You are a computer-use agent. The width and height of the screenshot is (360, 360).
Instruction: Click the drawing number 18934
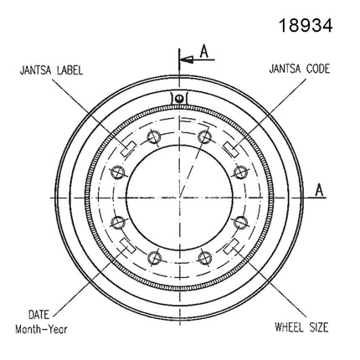point(306,25)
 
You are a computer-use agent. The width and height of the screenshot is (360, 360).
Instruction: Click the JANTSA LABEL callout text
point(51,70)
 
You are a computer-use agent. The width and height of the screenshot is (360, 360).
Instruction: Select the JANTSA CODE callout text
point(299,69)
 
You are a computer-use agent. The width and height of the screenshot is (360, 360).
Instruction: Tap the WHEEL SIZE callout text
point(301,327)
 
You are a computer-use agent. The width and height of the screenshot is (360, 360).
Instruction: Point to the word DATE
point(39,315)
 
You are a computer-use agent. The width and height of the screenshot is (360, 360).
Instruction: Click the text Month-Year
point(41,329)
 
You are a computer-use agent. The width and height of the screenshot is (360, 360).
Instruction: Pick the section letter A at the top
point(204,52)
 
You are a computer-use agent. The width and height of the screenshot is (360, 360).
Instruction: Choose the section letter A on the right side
point(319,190)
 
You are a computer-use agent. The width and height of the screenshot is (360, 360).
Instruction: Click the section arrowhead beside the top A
point(187,59)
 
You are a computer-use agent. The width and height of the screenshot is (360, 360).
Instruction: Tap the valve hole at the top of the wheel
point(179,98)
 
